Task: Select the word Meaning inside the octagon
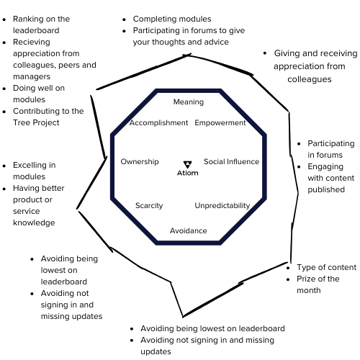pyautogui.click(x=189, y=102)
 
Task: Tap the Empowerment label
pyautogui.click(x=220, y=123)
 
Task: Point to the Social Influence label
pyautogui.click(x=231, y=162)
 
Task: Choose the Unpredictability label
pyautogui.click(x=222, y=206)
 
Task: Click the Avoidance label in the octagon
pyautogui.click(x=189, y=230)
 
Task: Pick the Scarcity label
pyautogui.click(x=149, y=206)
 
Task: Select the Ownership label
pyautogui.click(x=140, y=162)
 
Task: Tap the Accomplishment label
pyautogui.click(x=158, y=123)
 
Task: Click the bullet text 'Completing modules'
pyautogui.click(x=172, y=19)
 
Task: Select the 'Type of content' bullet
pyautogui.click(x=326, y=267)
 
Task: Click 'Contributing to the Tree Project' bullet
pyautogui.click(x=48, y=117)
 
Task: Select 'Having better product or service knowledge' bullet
pyautogui.click(x=43, y=205)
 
